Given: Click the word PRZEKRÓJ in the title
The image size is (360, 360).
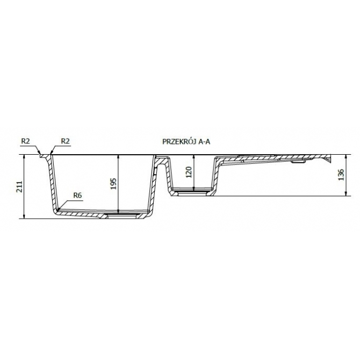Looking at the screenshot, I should tap(179, 142).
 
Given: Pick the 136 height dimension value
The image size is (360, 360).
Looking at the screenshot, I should tap(340, 175).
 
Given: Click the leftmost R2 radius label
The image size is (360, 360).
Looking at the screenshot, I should tap(25, 141).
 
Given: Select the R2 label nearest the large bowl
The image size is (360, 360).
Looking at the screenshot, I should tap(66, 141).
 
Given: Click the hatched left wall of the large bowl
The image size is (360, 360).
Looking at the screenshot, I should tap(52, 183).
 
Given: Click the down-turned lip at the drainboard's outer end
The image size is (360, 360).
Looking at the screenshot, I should tap(328, 161).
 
